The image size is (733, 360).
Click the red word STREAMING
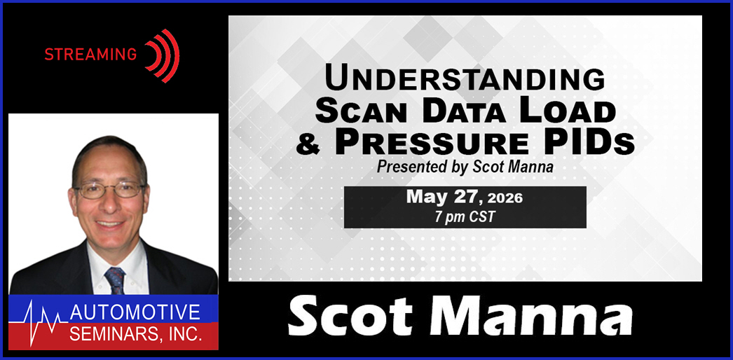click(90, 55)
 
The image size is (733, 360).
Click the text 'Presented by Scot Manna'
click(465, 167)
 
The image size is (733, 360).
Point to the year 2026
click(505, 198)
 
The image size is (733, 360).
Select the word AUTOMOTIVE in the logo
click(135, 312)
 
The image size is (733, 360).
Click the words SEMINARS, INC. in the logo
click(136, 333)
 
